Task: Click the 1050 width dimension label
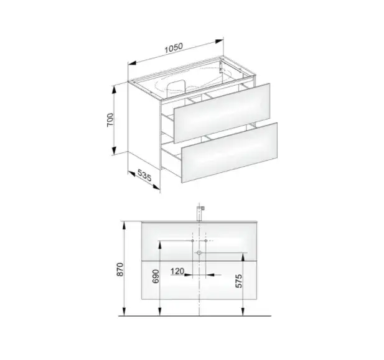click(x=174, y=48)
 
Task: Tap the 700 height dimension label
click(x=110, y=119)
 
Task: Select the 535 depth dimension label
click(x=144, y=175)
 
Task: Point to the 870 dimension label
click(x=120, y=269)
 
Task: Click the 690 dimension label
click(x=156, y=276)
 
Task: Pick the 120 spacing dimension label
click(x=177, y=271)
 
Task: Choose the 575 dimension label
click(x=238, y=281)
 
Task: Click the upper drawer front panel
click(x=222, y=113)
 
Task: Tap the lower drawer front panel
click(x=230, y=152)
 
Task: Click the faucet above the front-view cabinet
click(x=200, y=213)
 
